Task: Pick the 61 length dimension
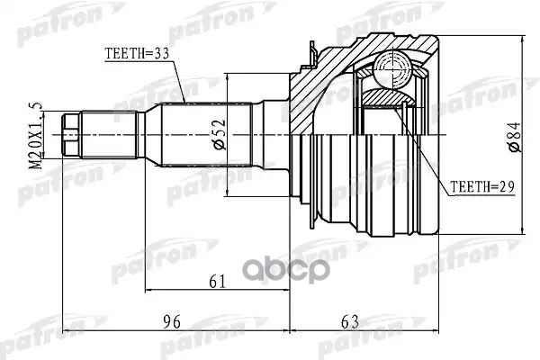coord(216,282)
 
